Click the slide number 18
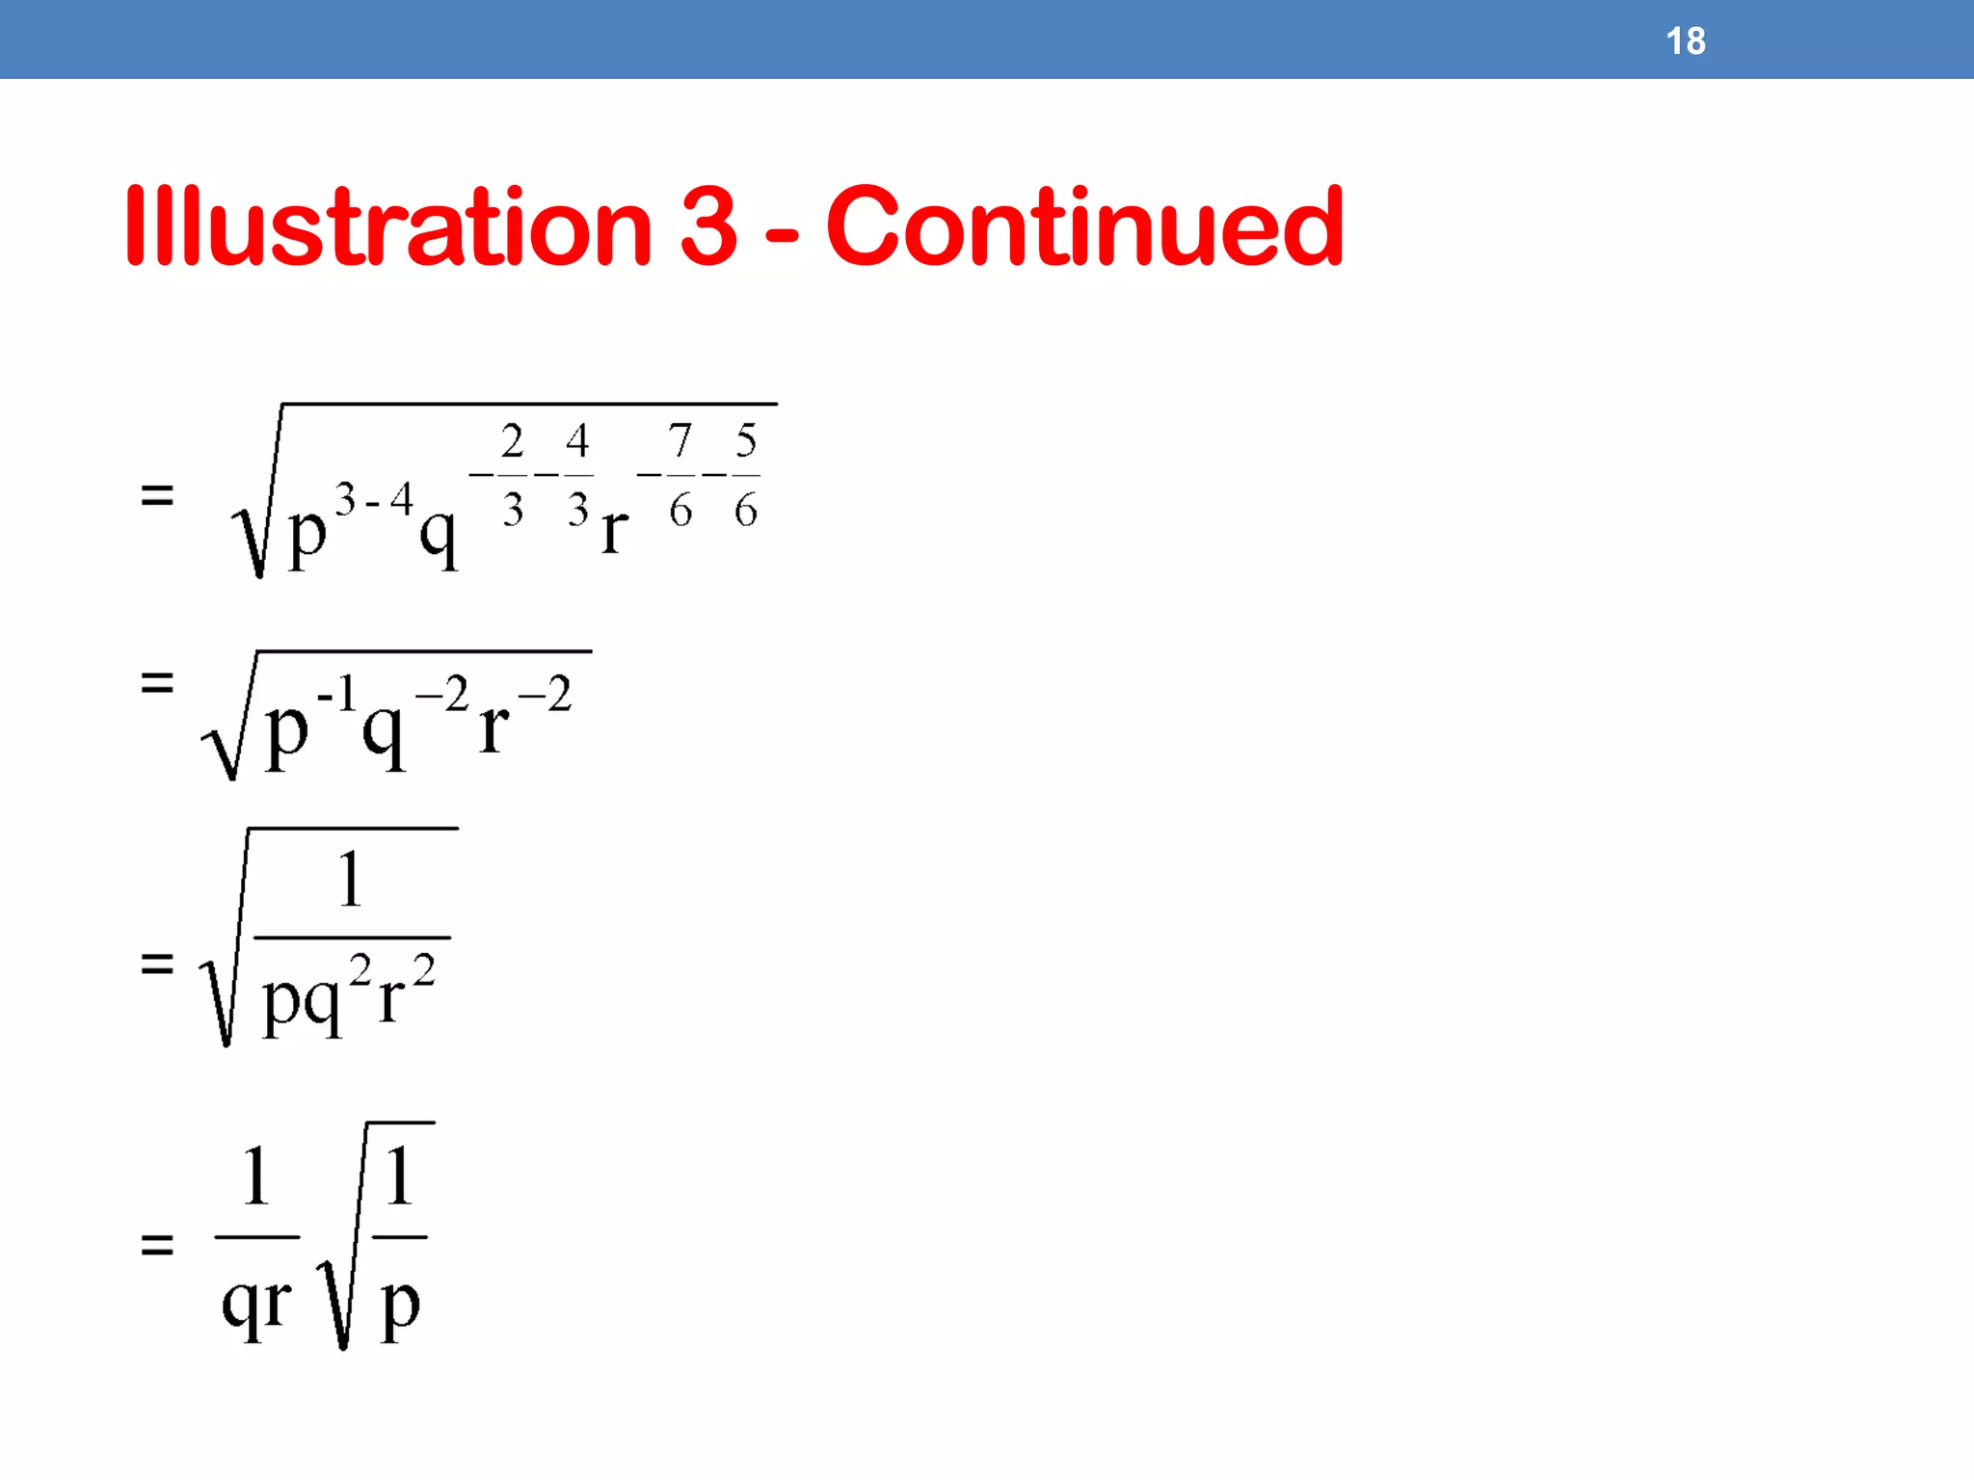click(1685, 41)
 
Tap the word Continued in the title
click(1084, 227)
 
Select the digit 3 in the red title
click(708, 227)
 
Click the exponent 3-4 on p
click(374, 500)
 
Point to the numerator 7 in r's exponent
click(680, 440)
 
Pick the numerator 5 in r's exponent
click(746, 440)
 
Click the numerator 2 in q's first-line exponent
click(513, 441)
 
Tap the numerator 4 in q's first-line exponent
click(577, 441)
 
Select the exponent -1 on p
click(337, 693)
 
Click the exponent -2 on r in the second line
click(546, 693)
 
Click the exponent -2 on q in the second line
click(442, 693)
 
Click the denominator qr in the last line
click(256, 1304)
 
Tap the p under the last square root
click(400, 1306)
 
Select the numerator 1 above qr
click(255, 1176)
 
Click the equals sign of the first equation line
click(157, 497)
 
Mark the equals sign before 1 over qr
click(157, 1245)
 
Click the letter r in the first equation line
click(615, 530)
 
